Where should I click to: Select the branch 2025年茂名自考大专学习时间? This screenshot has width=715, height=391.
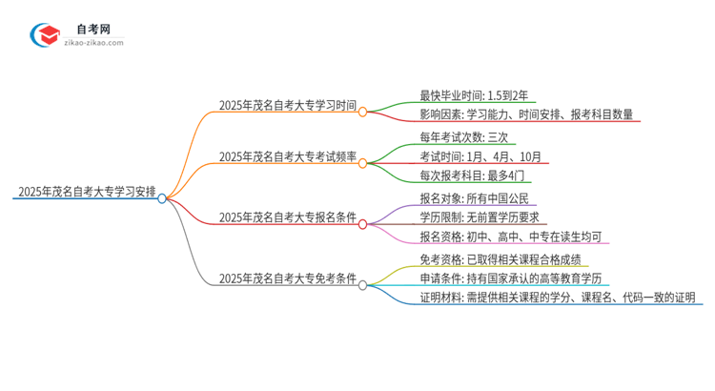tap(287, 105)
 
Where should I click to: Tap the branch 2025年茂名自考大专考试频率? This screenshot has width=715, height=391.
tap(287, 155)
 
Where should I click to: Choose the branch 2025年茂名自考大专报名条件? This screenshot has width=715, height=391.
tap(287, 217)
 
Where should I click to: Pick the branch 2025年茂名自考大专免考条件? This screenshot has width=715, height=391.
tap(287, 278)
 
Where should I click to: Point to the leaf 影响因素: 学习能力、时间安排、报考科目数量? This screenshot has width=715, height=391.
tap(525, 114)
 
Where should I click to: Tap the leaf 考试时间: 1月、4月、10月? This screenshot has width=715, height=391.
tap(480, 155)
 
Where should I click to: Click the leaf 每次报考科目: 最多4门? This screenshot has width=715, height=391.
tap(471, 175)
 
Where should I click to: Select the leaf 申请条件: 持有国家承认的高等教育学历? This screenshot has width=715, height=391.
tap(511, 278)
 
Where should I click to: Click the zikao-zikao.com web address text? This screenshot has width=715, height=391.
tap(96, 44)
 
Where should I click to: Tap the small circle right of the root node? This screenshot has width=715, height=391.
tap(162, 198)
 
